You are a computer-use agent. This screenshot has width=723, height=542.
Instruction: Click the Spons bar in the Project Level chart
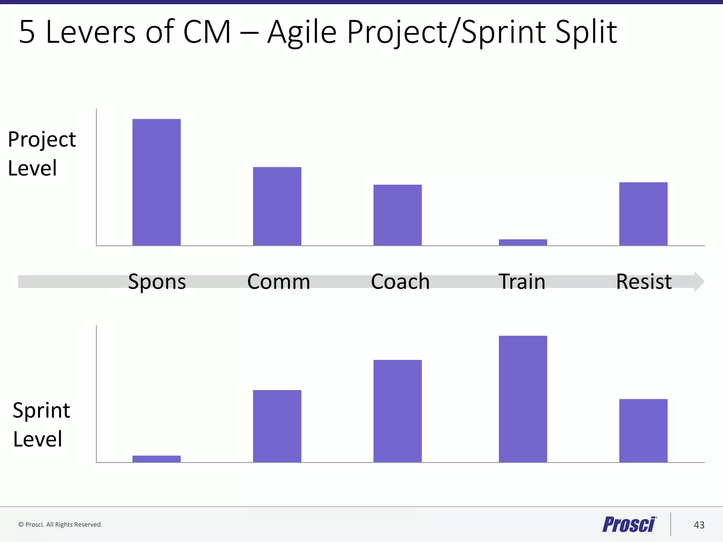[156, 182]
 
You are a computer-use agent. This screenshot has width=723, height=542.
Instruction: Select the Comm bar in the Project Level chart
[277, 206]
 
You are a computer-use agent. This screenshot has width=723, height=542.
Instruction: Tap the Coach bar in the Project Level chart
[398, 215]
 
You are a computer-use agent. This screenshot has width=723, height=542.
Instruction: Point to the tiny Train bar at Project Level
[523, 242]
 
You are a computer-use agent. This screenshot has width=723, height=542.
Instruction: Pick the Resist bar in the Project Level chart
[643, 214]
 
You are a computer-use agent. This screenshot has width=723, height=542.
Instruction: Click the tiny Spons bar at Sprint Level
[156, 459]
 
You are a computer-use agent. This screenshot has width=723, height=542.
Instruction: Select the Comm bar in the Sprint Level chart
[277, 426]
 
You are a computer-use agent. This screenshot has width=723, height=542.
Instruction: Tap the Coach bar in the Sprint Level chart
[398, 411]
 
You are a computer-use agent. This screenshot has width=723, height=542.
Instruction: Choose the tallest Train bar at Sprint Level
[523, 399]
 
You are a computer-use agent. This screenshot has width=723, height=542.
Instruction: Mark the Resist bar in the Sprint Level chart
[643, 430]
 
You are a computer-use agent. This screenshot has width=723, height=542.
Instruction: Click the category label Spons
[157, 282]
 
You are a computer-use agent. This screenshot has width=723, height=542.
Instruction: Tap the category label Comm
[279, 282]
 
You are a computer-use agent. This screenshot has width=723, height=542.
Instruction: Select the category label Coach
[400, 282]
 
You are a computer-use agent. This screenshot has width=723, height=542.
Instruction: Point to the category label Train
[522, 282]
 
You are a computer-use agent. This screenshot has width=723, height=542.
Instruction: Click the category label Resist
[644, 282]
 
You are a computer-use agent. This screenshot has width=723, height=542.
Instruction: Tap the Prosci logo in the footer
[629, 524]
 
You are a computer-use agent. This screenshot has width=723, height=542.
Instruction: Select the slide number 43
[699, 525]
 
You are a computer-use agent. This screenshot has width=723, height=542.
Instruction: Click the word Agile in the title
[302, 32]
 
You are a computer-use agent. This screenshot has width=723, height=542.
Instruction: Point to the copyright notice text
[60, 525]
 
